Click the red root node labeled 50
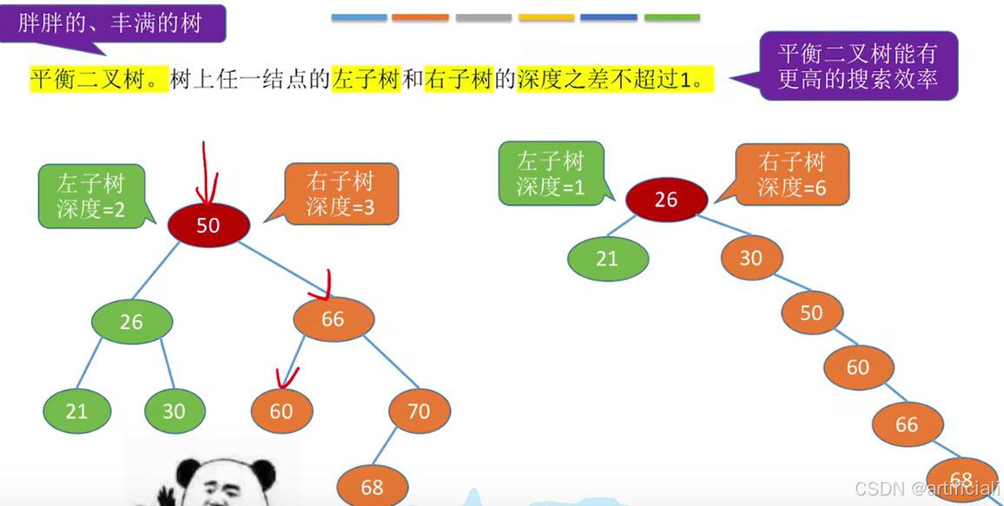pos(208,225)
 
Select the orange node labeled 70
pos(419,411)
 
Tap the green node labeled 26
pos(131,322)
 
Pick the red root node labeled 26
pos(665,200)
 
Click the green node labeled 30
pos(174,411)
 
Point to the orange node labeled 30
pos(750,258)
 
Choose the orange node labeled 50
pos(811,312)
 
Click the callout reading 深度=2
pos(91,196)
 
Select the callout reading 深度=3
pos(340,194)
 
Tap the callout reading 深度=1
pos(551,174)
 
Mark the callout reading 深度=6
pos(791,174)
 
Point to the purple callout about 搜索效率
pos(858,66)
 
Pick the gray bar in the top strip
pos(483,17)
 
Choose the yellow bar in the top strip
pos(546,17)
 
